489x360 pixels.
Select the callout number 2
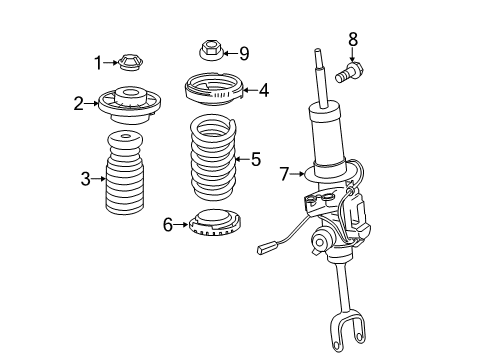pos(78,101)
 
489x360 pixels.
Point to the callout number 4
pos(263,90)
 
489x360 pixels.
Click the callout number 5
pos(256,158)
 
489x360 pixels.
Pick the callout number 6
pos(168,224)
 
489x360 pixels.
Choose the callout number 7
pos(285,175)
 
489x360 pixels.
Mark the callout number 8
pos(352,39)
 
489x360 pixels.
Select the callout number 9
pos(243,52)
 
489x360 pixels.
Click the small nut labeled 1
pos(127,63)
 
